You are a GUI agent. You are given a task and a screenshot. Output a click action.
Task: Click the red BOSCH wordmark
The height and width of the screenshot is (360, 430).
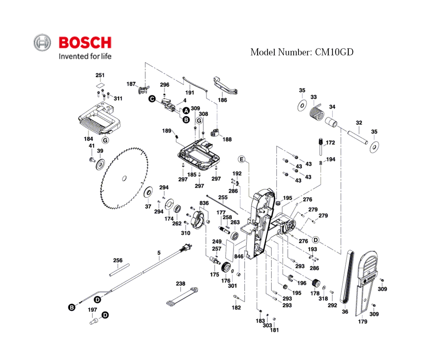pos(85,43)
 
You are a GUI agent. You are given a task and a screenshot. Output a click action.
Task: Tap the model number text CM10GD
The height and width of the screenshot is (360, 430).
pos(334,52)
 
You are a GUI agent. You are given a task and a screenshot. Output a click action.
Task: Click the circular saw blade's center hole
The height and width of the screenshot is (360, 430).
pos(124,178)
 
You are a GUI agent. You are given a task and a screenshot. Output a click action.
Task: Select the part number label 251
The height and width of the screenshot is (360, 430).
pos(100,75)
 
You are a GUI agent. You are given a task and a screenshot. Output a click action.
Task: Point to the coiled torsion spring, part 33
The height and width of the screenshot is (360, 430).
pos(317,112)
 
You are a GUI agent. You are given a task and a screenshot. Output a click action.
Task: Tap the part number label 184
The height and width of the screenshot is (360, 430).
pos(88,139)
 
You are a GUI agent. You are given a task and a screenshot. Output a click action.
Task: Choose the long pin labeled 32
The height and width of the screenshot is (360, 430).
pos(358,137)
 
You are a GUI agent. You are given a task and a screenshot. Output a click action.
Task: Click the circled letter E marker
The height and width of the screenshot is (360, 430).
pos(242,160)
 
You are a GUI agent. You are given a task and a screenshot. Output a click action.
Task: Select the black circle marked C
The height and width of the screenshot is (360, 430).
pos(152,99)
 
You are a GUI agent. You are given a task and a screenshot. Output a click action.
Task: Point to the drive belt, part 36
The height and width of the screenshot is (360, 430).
pos(347,277)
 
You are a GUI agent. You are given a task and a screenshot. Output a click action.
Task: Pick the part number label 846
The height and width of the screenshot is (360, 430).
pos(239,256)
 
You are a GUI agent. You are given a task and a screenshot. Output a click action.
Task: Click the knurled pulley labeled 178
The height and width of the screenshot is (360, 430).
pos(316,283)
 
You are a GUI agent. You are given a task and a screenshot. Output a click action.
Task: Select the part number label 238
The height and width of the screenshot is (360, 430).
pos(181,283)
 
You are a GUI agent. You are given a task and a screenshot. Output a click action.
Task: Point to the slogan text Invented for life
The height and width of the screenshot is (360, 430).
pos(85,56)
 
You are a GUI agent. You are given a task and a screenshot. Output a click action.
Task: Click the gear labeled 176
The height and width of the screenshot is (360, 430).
pos(226,267)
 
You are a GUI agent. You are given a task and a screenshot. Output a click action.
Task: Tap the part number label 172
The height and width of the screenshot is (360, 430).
pos(330,142)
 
